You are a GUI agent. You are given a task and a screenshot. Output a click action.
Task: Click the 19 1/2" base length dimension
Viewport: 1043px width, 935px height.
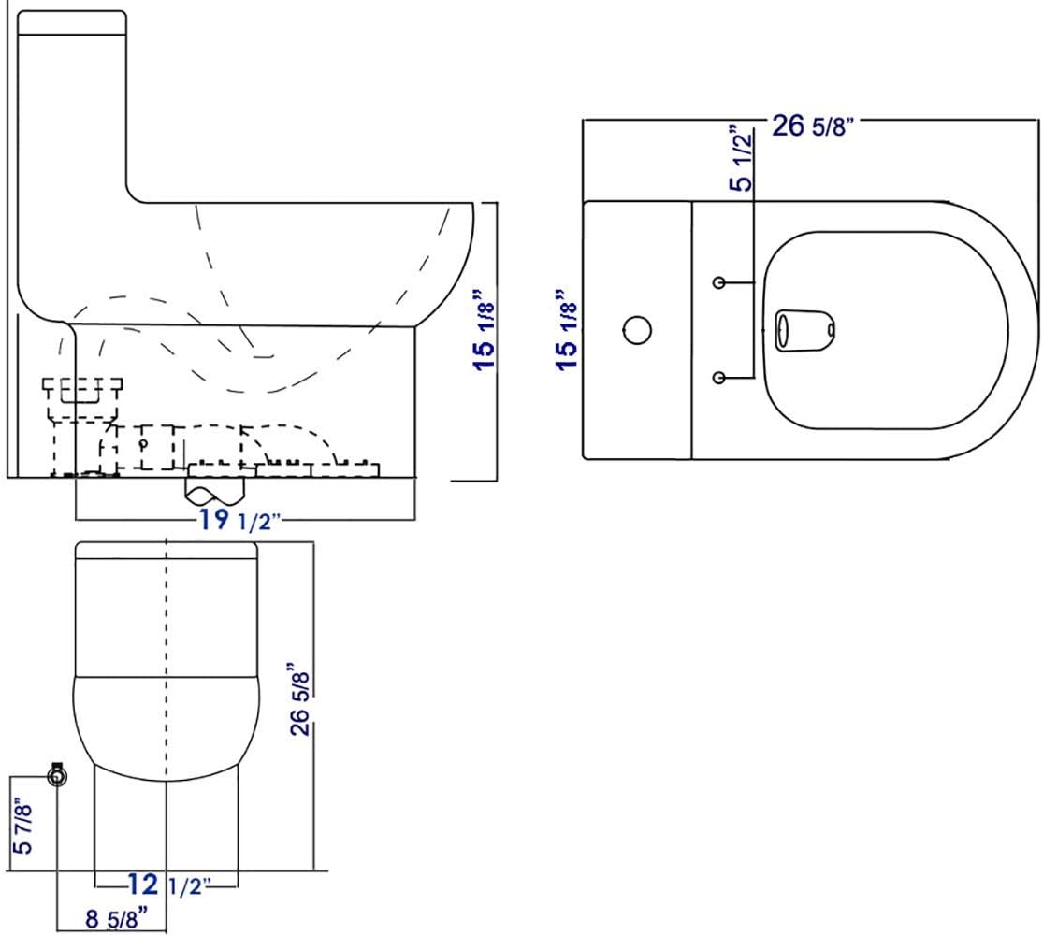point(239,519)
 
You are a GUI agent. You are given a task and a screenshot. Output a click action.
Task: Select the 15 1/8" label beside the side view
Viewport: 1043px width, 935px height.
point(485,328)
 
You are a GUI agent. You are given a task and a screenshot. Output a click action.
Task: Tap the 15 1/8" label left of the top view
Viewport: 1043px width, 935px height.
point(567,330)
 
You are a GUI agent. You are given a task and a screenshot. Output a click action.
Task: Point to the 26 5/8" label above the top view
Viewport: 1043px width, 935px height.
point(812,125)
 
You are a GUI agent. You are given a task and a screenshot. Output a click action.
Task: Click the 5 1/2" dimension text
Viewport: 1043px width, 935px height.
point(740,158)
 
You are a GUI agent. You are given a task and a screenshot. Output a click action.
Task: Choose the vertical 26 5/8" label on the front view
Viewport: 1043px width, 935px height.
point(300,698)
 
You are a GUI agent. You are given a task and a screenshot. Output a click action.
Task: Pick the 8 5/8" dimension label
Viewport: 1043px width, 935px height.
point(116,918)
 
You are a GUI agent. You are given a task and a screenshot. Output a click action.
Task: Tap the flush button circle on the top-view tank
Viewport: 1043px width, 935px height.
point(637,330)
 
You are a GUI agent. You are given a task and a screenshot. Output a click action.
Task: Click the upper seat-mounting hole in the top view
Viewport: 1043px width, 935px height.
point(719,282)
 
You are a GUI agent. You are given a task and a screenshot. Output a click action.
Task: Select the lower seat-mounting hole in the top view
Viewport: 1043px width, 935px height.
point(719,378)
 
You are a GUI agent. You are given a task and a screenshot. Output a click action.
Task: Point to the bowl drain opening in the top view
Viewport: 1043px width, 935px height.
point(805,330)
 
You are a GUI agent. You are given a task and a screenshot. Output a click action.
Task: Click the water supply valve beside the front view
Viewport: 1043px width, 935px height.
point(58,775)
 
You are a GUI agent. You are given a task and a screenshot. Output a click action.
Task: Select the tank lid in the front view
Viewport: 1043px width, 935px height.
point(167,551)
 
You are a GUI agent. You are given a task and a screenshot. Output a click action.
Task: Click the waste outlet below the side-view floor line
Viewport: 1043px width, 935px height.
point(215,492)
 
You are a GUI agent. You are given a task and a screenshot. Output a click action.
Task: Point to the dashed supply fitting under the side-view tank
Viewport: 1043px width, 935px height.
point(82,425)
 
